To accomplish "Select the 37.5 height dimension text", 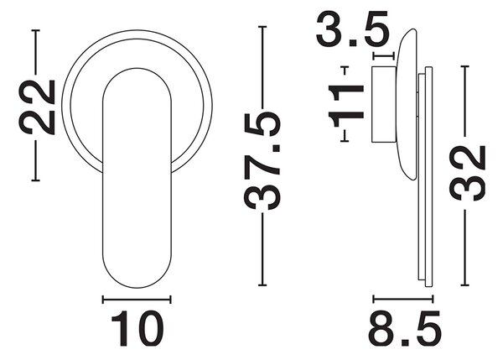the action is pos(262,160).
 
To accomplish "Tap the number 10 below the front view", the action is pos(137,328).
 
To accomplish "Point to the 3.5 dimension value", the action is pos(353,29).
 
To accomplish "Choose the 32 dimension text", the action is pos(467,173).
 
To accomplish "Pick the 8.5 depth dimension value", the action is pos(405,328).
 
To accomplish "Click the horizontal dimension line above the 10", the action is pos(137,300).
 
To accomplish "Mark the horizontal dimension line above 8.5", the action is pos(403,299).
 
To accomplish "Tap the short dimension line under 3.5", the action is pos(383,56).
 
